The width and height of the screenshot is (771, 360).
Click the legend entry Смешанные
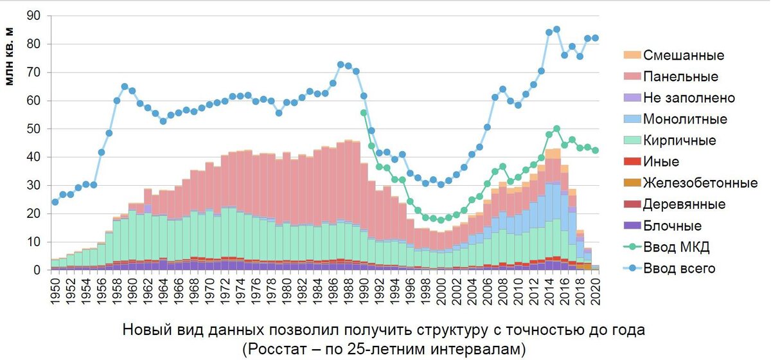coord(684,55)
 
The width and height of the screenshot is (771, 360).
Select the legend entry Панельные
coord(681,76)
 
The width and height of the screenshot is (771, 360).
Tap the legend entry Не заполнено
coord(689,98)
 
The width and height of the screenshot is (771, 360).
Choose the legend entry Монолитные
coord(685,119)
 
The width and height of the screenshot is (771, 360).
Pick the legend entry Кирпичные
coord(680,140)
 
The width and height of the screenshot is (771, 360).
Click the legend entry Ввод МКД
coord(675,247)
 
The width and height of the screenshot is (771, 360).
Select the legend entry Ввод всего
coord(680,269)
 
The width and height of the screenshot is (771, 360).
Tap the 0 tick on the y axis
coord(38,270)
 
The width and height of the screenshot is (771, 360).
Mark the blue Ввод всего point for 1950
coord(55,202)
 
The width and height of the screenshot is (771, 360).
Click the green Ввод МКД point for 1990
coord(364,113)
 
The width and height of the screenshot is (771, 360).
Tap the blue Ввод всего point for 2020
coord(595,38)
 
